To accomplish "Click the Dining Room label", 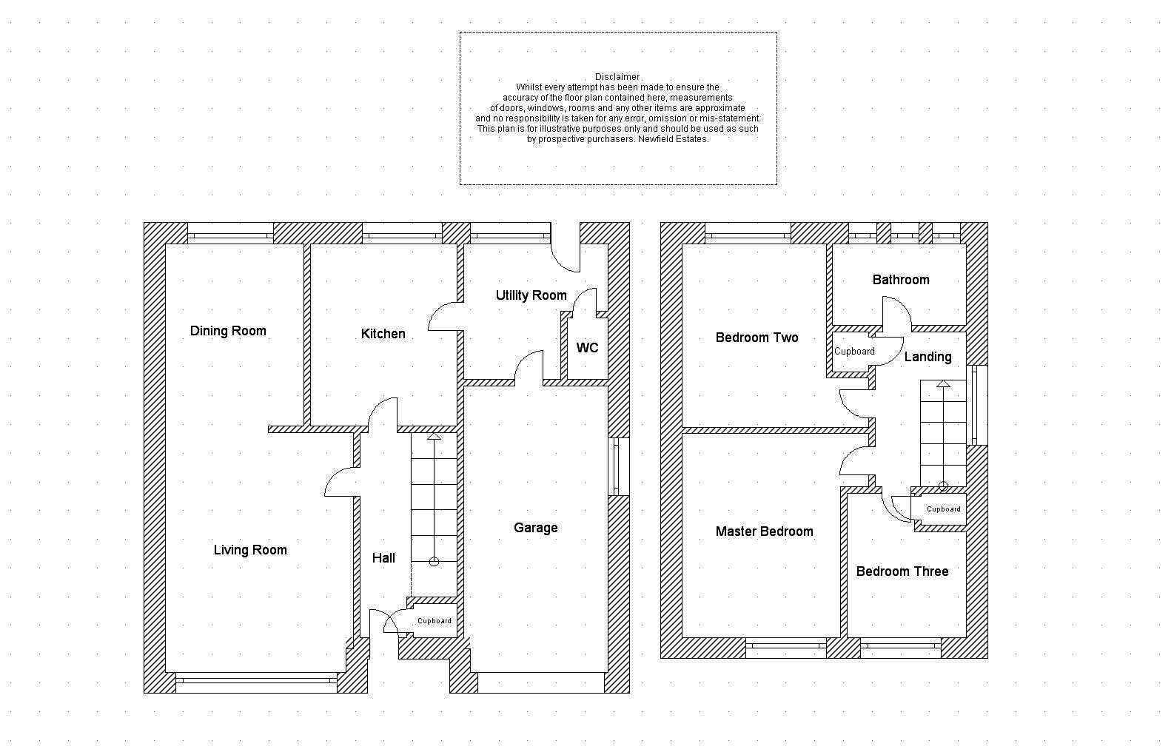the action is click(228, 331).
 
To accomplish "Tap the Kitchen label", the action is click(383, 334).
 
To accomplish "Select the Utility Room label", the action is click(531, 295).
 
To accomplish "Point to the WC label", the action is click(587, 348).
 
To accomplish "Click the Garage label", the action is click(536, 528).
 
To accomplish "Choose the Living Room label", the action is click(250, 550).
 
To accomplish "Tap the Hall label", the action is click(383, 558).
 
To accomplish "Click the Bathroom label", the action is click(901, 280).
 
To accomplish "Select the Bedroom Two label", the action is click(757, 338).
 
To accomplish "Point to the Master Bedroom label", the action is click(764, 531).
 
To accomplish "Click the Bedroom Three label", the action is click(902, 571).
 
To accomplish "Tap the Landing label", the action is click(928, 358).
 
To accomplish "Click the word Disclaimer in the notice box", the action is click(617, 77).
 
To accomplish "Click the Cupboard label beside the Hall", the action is click(434, 621).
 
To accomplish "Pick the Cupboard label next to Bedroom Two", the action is click(854, 352).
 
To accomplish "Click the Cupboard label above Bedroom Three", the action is click(943, 509).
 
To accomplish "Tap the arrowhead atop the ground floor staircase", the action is click(434, 437).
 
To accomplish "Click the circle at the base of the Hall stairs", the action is click(434, 562).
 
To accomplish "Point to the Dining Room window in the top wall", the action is click(231, 233).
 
